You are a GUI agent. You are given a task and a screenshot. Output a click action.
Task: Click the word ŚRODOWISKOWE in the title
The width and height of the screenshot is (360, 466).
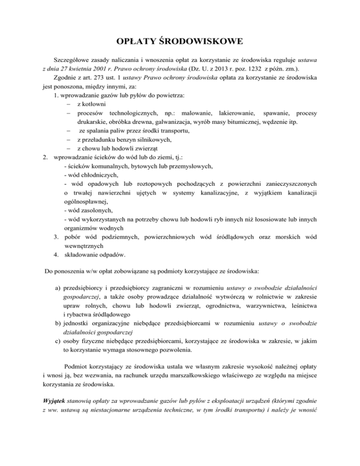202,43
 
